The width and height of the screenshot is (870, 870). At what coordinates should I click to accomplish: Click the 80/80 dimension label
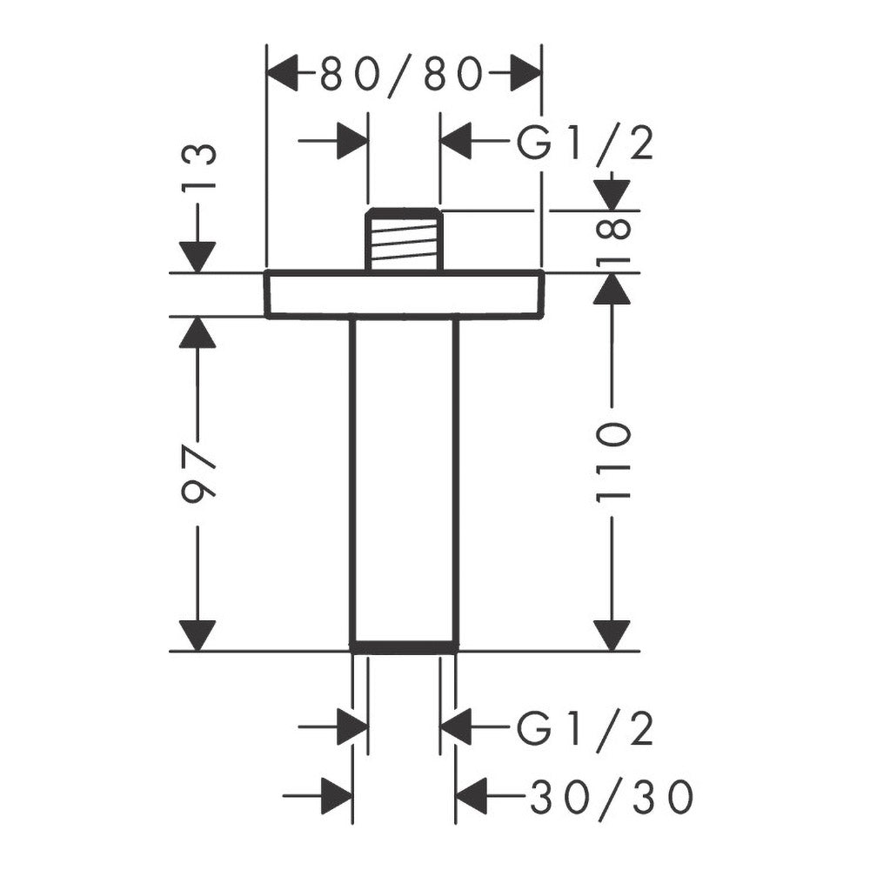[x=401, y=74]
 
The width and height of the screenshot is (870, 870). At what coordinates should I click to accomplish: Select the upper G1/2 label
[x=585, y=144]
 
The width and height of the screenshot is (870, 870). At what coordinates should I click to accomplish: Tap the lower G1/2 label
[x=585, y=728]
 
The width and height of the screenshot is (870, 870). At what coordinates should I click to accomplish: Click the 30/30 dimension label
[x=612, y=797]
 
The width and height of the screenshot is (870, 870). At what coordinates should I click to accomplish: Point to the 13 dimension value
[x=198, y=166]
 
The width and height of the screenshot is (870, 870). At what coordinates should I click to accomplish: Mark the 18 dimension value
[x=612, y=240]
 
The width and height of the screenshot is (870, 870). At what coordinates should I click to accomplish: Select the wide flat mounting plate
[x=404, y=294]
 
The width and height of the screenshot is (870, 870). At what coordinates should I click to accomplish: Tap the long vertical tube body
[x=404, y=480]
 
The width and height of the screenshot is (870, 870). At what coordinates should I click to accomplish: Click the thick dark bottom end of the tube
[x=404, y=647]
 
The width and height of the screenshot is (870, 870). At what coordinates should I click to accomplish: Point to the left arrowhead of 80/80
[x=283, y=73]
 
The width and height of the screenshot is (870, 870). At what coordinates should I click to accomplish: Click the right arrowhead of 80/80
[x=525, y=73]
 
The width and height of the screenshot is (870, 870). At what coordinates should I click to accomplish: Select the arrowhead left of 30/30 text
[x=471, y=796]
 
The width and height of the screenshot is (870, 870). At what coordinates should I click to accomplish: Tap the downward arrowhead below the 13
[x=197, y=258]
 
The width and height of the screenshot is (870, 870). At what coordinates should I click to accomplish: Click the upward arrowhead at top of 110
[x=612, y=289]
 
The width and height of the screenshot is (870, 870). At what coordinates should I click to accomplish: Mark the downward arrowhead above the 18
[x=612, y=195]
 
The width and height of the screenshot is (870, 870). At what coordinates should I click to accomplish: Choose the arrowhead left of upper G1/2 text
[x=456, y=141]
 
